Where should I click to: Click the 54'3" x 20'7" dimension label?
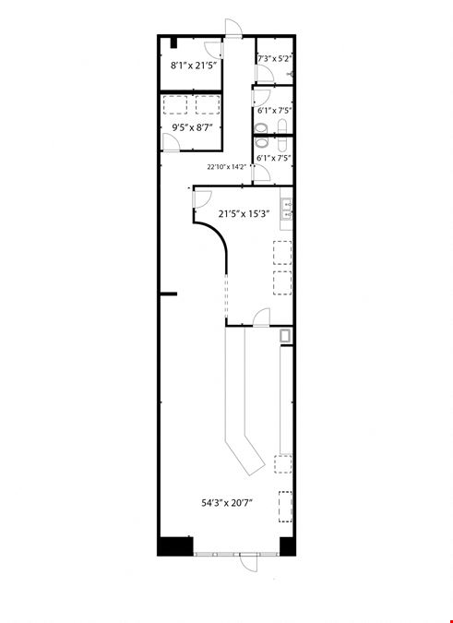(227, 503)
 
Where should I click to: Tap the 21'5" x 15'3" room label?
(244, 214)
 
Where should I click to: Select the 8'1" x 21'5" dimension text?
(195, 66)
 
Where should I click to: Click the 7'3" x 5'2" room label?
(275, 59)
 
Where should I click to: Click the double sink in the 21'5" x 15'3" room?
(286, 209)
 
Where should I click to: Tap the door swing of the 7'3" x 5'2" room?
(265, 74)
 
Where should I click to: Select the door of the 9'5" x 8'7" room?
(171, 142)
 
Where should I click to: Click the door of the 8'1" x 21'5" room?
(214, 50)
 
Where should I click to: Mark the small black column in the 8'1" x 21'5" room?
(173, 42)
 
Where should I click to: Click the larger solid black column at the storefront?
(175, 545)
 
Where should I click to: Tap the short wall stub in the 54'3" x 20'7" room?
(168, 294)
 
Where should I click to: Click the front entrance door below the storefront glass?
(248, 563)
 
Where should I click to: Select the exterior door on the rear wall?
(233, 28)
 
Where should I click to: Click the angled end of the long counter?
(245, 456)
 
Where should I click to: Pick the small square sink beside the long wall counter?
(285, 336)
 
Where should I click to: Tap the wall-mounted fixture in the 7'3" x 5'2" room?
(291, 74)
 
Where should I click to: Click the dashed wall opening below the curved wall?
(226, 294)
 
